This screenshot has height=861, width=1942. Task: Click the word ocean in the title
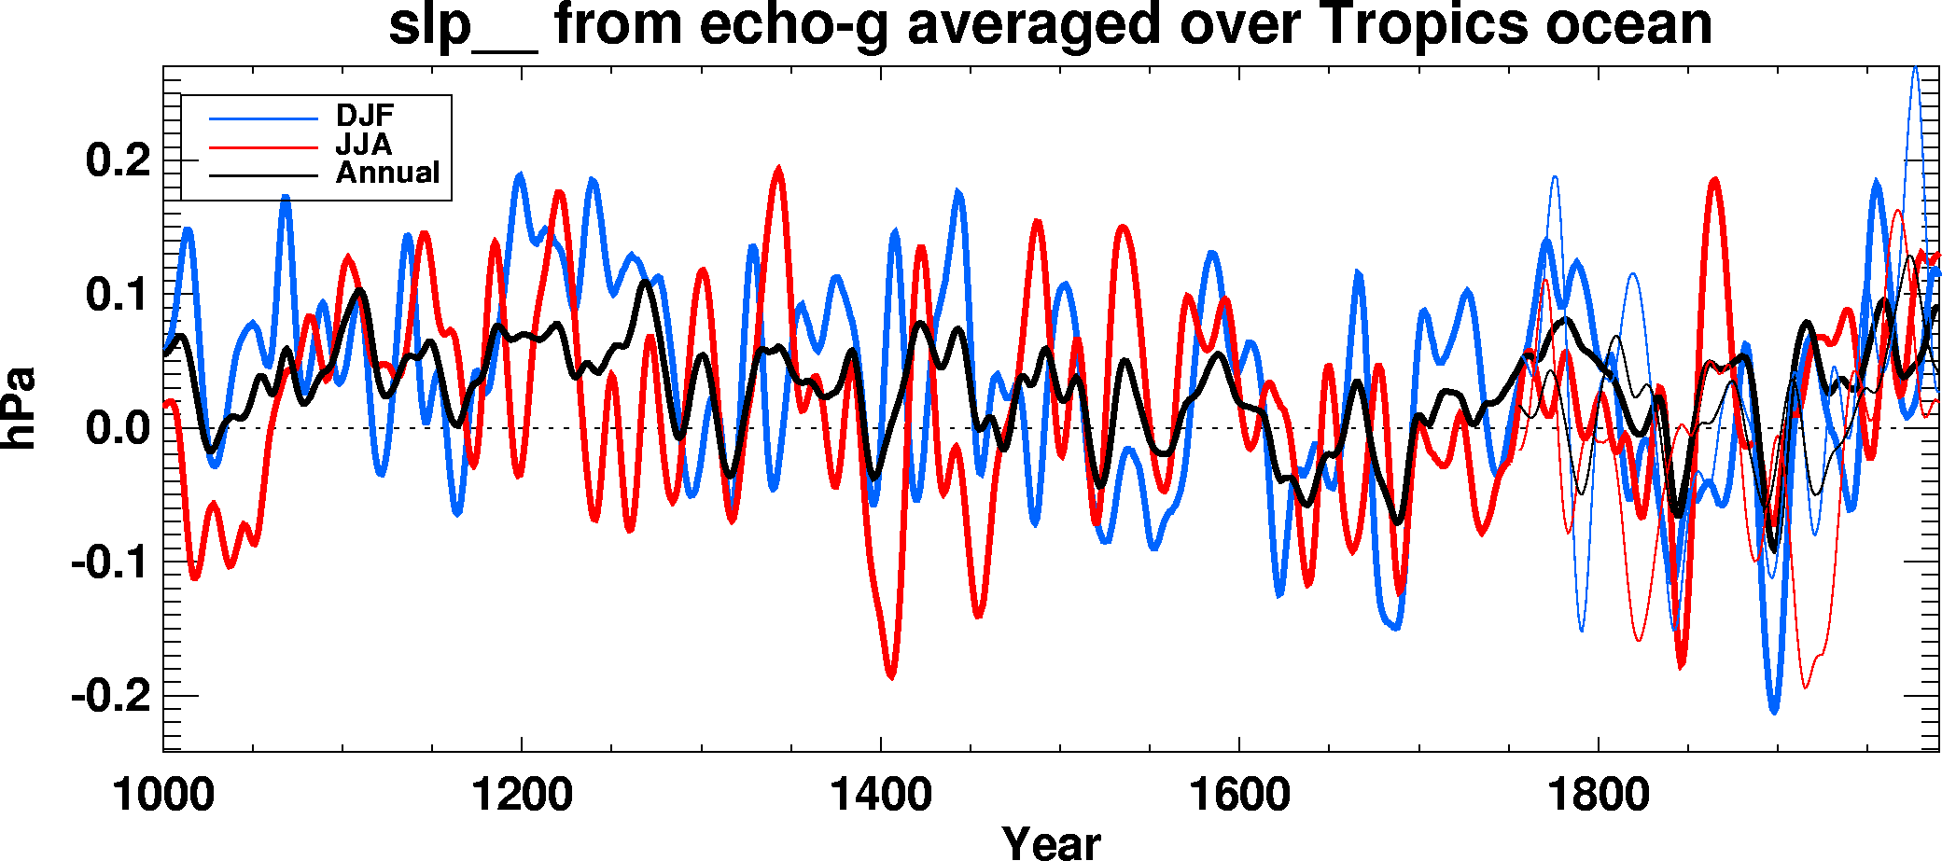pyautogui.click(x=1629, y=26)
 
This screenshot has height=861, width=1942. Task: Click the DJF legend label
pyautogui.click(x=365, y=116)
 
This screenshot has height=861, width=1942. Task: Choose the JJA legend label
pyautogui.click(x=364, y=145)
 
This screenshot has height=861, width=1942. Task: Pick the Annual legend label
pyautogui.click(x=387, y=174)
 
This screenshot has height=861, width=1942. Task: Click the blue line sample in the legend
pyautogui.click(x=263, y=118)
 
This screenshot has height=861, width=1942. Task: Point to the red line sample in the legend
pyautogui.click(x=263, y=146)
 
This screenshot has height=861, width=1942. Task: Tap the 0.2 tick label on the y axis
pyautogui.click(x=118, y=160)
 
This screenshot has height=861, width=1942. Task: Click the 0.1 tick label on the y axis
pyautogui.click(x=118, y=295)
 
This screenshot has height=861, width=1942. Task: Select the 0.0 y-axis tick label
pyautogui.click(x=118, y=429)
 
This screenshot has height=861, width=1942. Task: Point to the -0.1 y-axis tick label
pyautogui.click(x=110, y=562)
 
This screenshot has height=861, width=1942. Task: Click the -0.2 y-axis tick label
pyautogui.click(x=110, y=696)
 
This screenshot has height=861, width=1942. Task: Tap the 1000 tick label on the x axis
pyautogui.click(x=163, y=796)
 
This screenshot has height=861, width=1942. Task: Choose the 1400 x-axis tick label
pyautogui.click(x=880, y=796)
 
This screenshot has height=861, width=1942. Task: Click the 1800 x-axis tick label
pyautogui.click(x=1598, y=796)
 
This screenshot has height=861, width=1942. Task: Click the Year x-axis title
pyautogui.click(x=1051, y=841)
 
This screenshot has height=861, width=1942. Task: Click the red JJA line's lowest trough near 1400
pyautogui.click(x=890, y=676)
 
